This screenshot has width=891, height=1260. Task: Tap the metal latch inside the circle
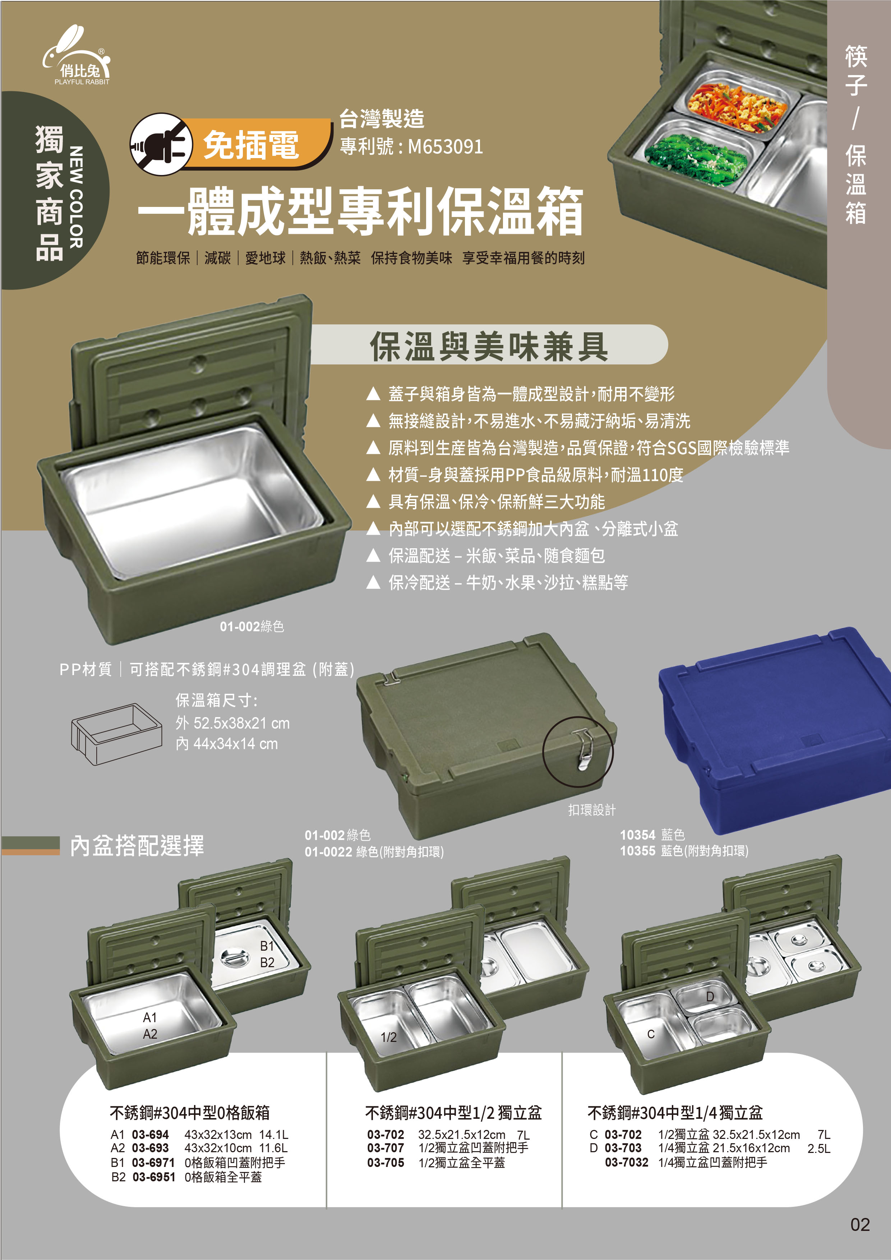tap(582, 749)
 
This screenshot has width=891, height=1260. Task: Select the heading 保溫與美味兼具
tap(489, 347)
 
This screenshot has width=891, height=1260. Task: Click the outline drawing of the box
tap(116, 734)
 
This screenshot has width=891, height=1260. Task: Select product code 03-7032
tap(627, 1162)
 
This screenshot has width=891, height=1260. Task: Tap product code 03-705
tap(386, 1162)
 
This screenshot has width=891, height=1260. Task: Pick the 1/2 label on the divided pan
tap(388, 1037)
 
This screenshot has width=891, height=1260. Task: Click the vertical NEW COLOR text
tap(76, 197)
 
